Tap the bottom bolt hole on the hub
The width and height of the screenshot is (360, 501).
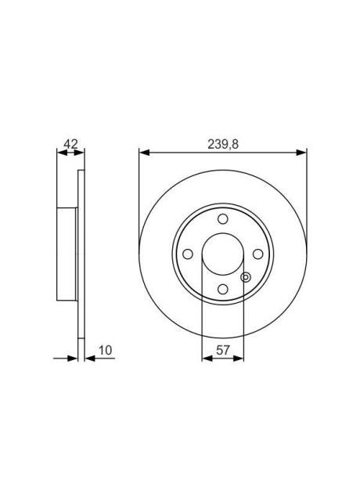coord(222,291)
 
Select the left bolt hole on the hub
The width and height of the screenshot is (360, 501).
coord(187,255)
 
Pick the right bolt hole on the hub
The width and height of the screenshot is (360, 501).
coord(257,255)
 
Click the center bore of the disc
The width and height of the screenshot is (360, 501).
coord(222,255)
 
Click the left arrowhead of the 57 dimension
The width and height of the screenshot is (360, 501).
coord(206,359)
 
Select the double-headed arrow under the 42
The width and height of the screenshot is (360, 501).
coord(69,153)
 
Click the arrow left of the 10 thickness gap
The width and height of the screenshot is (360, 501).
coord(70,359)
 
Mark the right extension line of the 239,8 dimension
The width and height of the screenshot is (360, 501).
coord(304,196)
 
